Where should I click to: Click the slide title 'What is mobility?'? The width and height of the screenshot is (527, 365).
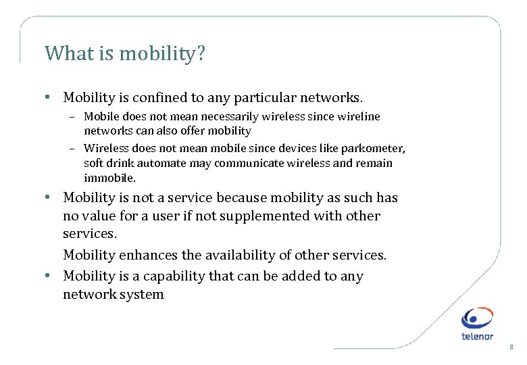click(x=124, y=53)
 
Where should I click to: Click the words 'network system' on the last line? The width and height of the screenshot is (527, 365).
click(x=114, y=295)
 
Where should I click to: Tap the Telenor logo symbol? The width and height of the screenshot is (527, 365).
click(x=477, y=318)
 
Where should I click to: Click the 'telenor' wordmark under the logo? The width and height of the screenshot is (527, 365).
click(x=477, y=336)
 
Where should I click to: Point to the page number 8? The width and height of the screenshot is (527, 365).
click(x=511, y=347)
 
